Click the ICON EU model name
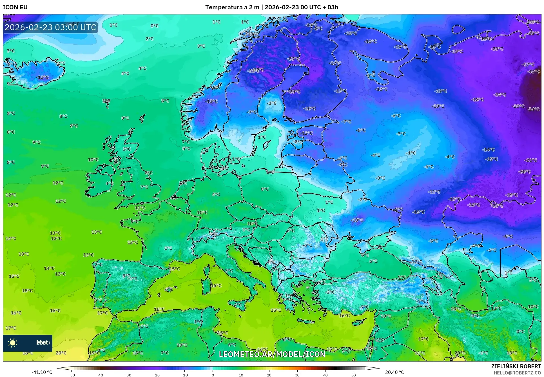(15, 7)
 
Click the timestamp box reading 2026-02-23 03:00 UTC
(50, 27)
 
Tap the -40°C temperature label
(533, 72)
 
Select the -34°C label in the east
(533, 109)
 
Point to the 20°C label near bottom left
(61, 353)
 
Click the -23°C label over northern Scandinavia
(293, 59)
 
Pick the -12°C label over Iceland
(42, 77)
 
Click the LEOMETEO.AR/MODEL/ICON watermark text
(272, 354)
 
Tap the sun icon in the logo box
(13, 343)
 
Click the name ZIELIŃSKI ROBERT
(516, 366)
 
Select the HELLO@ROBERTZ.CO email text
(517, 373)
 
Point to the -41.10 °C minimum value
(42, 372)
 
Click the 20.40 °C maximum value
(394, 372)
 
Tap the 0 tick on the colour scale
(213, 375)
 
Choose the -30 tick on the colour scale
(128, 375)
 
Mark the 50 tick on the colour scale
(354, 375)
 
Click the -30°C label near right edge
(524, 172)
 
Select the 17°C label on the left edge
(11, 328)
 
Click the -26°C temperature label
(497, 206)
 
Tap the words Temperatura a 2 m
(232, 7)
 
